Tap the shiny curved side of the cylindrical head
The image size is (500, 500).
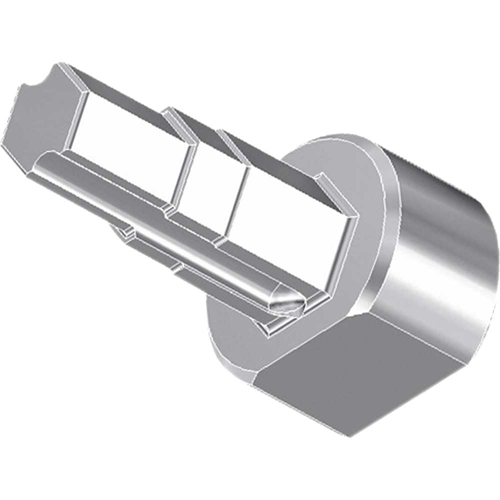(440, 240)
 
